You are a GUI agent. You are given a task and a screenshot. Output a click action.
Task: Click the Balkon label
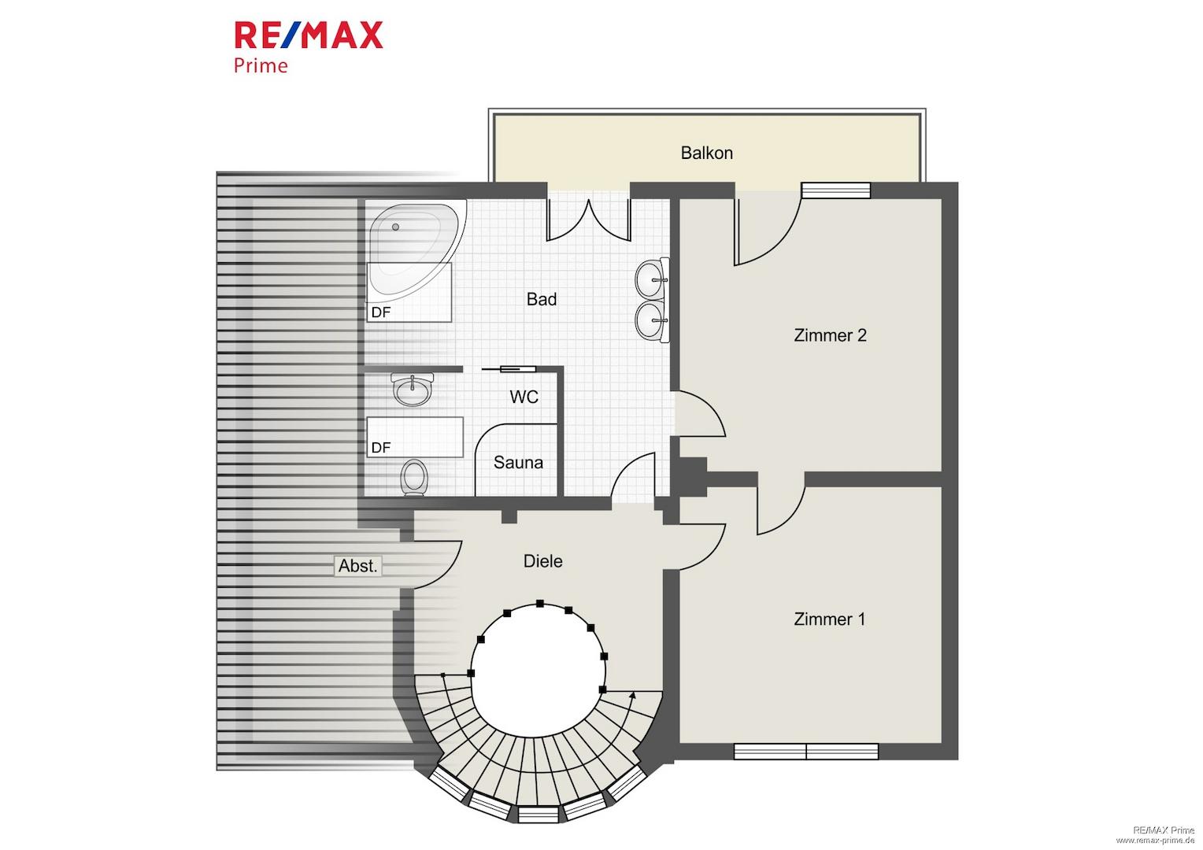point(706,153)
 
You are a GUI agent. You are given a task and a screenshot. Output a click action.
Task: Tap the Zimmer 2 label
point(830,335)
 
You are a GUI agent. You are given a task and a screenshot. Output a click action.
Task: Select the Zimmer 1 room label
point(829,619)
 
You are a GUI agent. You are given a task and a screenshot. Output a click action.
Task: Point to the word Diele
point(543,561)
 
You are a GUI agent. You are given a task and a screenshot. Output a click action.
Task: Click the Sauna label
point(518,462)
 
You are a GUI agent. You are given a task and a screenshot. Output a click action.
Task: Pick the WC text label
point(524,397)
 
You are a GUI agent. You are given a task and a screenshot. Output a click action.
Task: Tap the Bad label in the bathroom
point(542,299)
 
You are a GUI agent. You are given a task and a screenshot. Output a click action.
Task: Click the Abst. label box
point(357,566)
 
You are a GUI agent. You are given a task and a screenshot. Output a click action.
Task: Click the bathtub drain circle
point(395,227)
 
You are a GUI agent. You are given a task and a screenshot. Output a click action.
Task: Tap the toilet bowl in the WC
point(414,476)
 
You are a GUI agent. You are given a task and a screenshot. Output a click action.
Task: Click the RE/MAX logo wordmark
point(309,35)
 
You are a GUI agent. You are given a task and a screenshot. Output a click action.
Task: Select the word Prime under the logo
point(261,66)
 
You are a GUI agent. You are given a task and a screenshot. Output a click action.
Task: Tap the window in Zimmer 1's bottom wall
point(806,751)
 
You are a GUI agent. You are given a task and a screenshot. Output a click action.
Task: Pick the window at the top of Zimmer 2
point(835,190)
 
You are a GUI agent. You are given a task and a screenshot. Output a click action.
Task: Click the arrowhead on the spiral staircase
point(633,696)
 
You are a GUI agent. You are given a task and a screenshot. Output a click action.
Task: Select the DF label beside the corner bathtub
point(381,312)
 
